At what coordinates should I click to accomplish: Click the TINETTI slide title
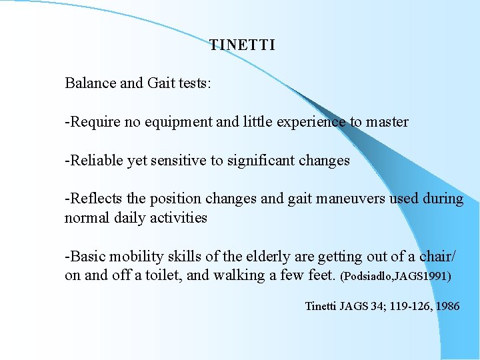(242, 45)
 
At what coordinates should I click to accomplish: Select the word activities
(179, 218)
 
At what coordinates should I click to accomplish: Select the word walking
(237, 275)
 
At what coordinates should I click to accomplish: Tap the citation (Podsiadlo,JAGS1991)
(396, 276)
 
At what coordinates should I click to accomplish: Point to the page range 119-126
(403, 307)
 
